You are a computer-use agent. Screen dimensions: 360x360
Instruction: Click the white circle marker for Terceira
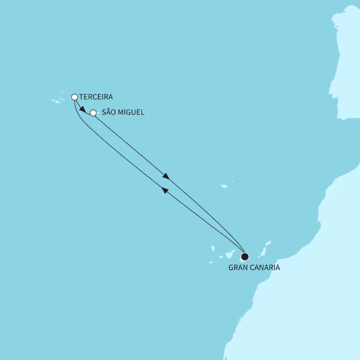[75, 97]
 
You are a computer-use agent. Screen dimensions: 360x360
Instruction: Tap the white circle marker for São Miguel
[93, 112]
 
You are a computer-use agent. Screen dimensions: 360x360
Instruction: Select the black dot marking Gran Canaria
[245, 257]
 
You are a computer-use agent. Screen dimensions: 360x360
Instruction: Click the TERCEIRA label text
[96, 97]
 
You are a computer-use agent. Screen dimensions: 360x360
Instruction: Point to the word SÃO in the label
[110, 112]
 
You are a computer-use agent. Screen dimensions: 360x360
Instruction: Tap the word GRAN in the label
[238, 268]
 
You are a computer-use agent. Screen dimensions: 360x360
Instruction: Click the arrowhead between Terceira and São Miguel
[83, 109]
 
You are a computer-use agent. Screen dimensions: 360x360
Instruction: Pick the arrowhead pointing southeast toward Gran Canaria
[165, 175]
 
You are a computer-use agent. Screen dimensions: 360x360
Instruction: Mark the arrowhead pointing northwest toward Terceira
[165, 191]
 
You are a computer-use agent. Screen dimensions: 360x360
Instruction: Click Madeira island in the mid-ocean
[224, 186]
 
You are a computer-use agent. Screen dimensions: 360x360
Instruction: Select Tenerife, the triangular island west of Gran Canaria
[230, 252]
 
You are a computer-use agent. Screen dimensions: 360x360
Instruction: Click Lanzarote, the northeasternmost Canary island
[268, 243]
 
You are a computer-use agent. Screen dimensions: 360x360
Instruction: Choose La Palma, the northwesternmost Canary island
[213, 247]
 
